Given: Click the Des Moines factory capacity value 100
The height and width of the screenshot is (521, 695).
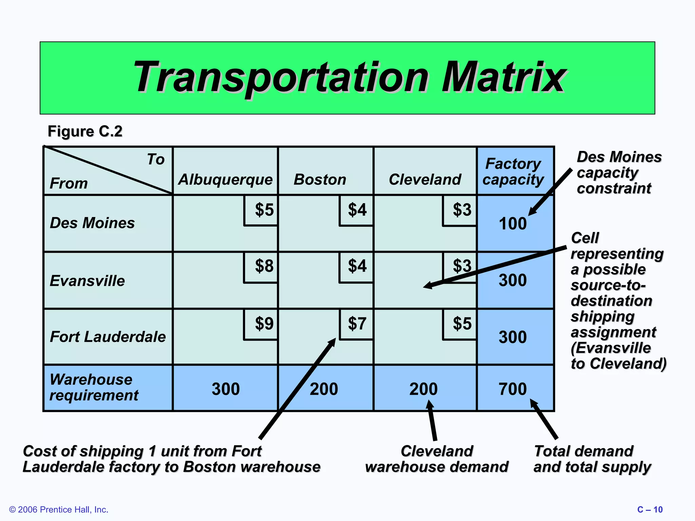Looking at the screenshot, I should pyautogui.click(x=512, y=224).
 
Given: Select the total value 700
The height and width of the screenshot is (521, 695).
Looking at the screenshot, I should pyautogui.click(x=512, y=389).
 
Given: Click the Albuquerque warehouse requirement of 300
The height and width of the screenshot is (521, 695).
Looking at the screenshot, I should pyautogui.click(x=226, y=389).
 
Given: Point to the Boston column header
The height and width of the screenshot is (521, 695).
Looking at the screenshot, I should pyautogui.click(x=320, y=179).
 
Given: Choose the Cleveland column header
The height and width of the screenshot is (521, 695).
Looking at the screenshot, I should pyautogui.click(x=425, y=179).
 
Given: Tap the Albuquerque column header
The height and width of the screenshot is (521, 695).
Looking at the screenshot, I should pyautogui.click(x=225, y=179).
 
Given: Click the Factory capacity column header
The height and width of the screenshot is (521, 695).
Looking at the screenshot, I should pyautogui.click(x=513, y=172).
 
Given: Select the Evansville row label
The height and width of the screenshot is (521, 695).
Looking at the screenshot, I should pyautogui.click(x=87, y=281).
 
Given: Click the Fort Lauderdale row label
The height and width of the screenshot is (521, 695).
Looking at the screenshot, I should pyautogui.click(x=108, y=337).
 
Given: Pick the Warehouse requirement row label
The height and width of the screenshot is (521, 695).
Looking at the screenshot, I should pyautogui.click(x=94, y=387).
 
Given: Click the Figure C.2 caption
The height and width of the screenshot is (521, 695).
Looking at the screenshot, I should pyautogui.click(x=85, y=131).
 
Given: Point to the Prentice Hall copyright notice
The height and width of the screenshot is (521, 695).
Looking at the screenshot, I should pyautogui.click(x=59, y=509).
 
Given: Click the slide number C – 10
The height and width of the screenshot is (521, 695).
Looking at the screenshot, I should pyautogui.click(x=650, y=509).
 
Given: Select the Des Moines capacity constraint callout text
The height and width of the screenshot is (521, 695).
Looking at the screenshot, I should pyautogui.click(x=619, y=173).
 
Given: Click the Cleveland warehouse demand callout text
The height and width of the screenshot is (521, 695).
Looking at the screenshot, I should pyautogui.click(x=437, y=459).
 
